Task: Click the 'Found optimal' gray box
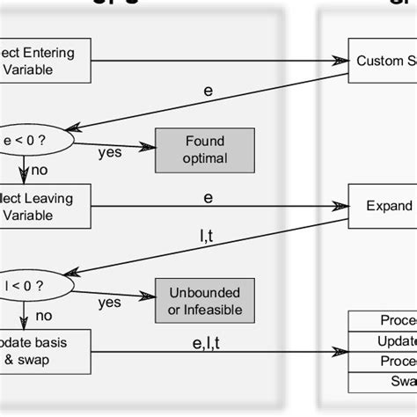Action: click(x=204, y=150)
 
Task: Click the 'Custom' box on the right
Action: click(x=383, y=61)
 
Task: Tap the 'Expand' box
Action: click(x=383, y=206)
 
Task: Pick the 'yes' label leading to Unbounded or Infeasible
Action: click(x=110, y=302)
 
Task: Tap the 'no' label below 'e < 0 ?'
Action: click(x=39, y=170)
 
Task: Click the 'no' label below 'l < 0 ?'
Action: click(x=42, y=315)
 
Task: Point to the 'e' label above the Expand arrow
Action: click(x=208, y=197)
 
